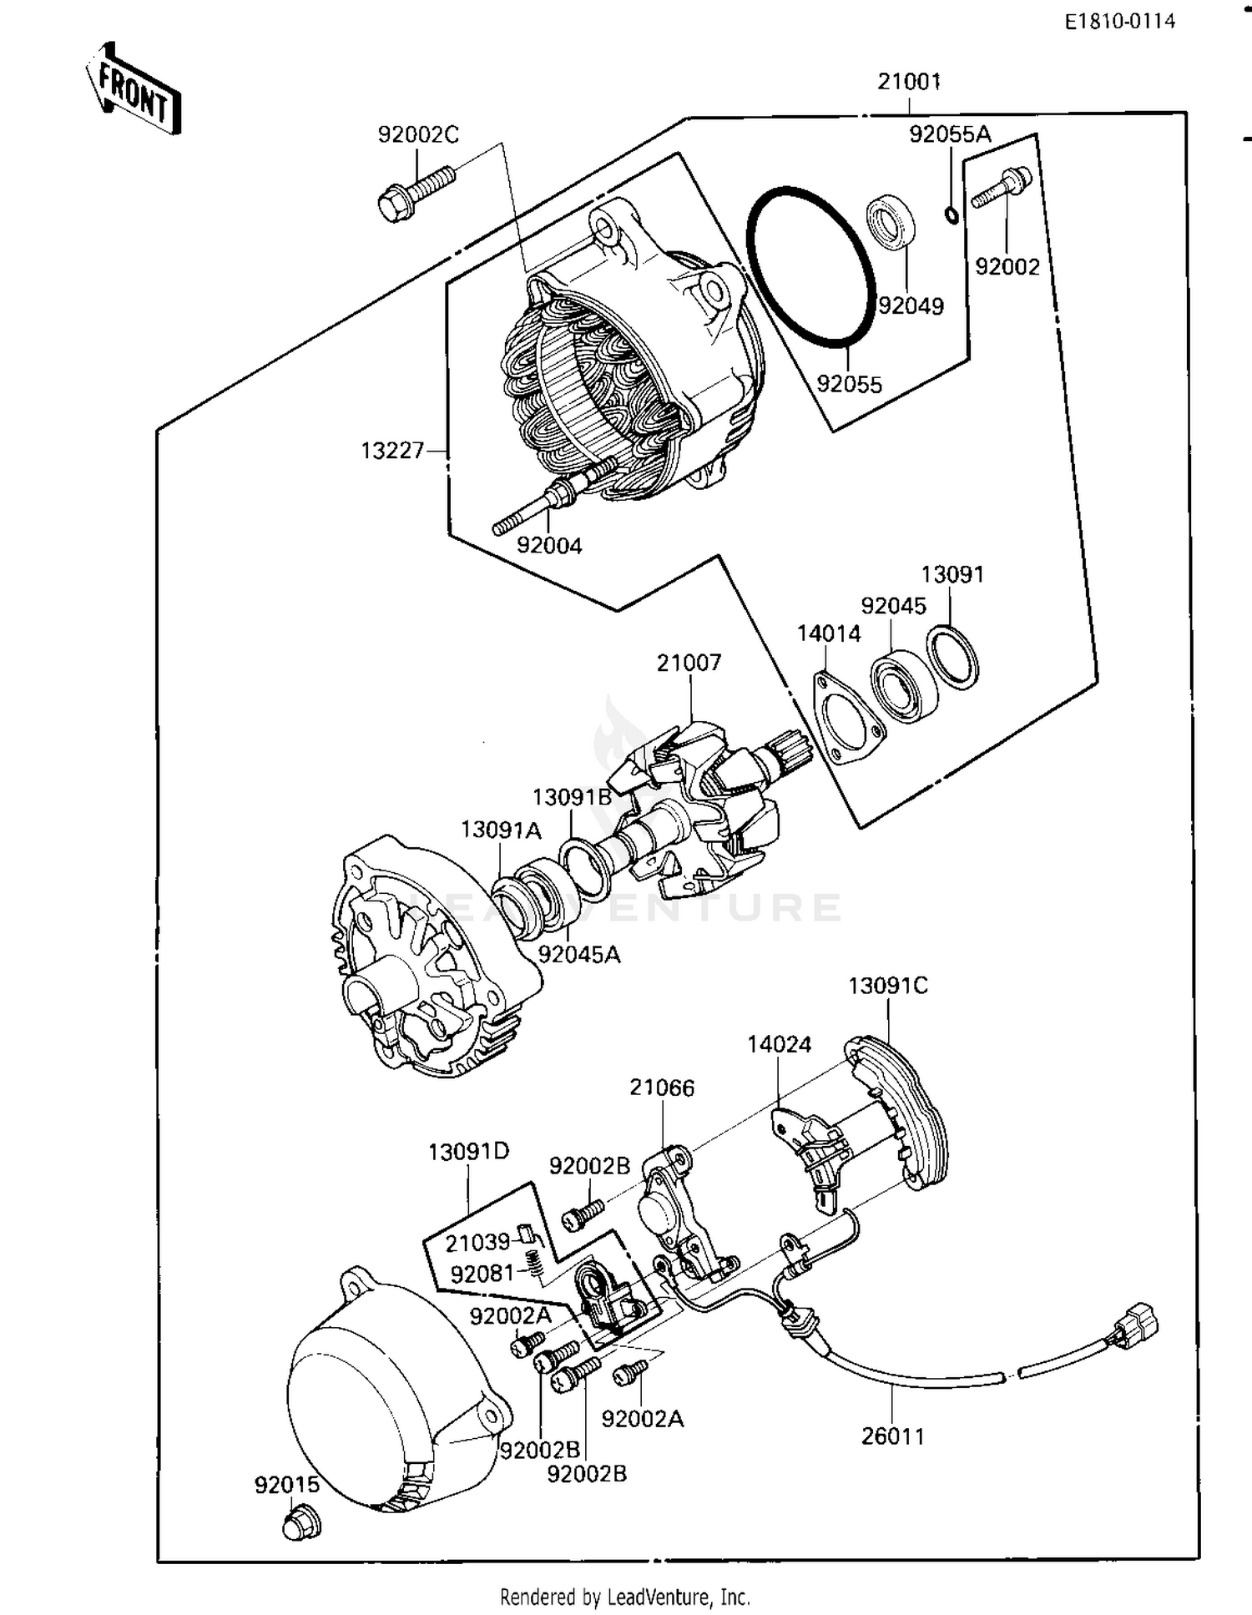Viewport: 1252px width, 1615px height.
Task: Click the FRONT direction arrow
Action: [x=134, y=90]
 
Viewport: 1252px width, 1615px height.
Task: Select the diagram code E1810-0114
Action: [x=1119, y=22]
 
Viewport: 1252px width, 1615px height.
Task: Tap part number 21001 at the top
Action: [x=909, y=82]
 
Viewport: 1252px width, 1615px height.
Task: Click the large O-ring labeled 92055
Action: [x=810, y=265]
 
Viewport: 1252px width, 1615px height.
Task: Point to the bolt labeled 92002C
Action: [x=416, y=190]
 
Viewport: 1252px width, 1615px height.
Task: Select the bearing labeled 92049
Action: [x=890, y=221]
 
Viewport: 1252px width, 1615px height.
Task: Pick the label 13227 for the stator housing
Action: [x=392, y=452]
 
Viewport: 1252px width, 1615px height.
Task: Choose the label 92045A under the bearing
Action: [x=578, y=955]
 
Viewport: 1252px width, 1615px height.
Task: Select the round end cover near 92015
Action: [x=384, y=1402]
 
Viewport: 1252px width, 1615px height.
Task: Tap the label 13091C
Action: [x=887, y=986]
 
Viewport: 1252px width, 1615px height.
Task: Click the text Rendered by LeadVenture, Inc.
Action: [x=624, y=1597]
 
